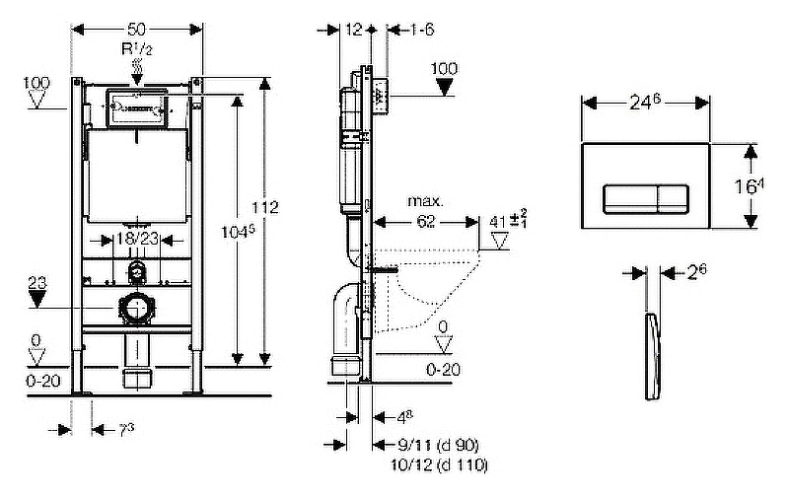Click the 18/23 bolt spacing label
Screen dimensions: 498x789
pyautogui.click(x=136, y=239)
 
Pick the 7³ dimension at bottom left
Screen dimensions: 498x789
pyautogui.click(x=125, y=430)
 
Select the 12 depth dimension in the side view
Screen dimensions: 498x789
pyautogui.click(x=356, y=30)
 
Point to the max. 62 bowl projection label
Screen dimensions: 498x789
pyautogui.click(x=426, y=213)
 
